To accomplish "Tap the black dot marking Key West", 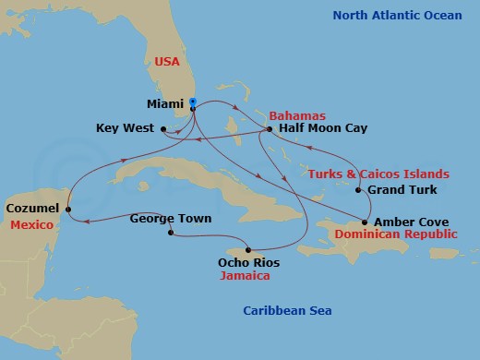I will coord(163,129).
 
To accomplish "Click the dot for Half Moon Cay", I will coord(269,129).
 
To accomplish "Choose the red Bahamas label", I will coord(296,115).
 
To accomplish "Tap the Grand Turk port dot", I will coord(358,191).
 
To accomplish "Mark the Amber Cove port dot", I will coord(366,222).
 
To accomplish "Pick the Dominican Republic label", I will coord(395,235).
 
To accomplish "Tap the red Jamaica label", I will coord(248,275).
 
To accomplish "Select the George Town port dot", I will coord(170,233).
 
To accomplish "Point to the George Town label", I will coord(170,219).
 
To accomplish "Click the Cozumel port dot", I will coord(68,210).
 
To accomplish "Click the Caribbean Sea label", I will coord(287,311).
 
